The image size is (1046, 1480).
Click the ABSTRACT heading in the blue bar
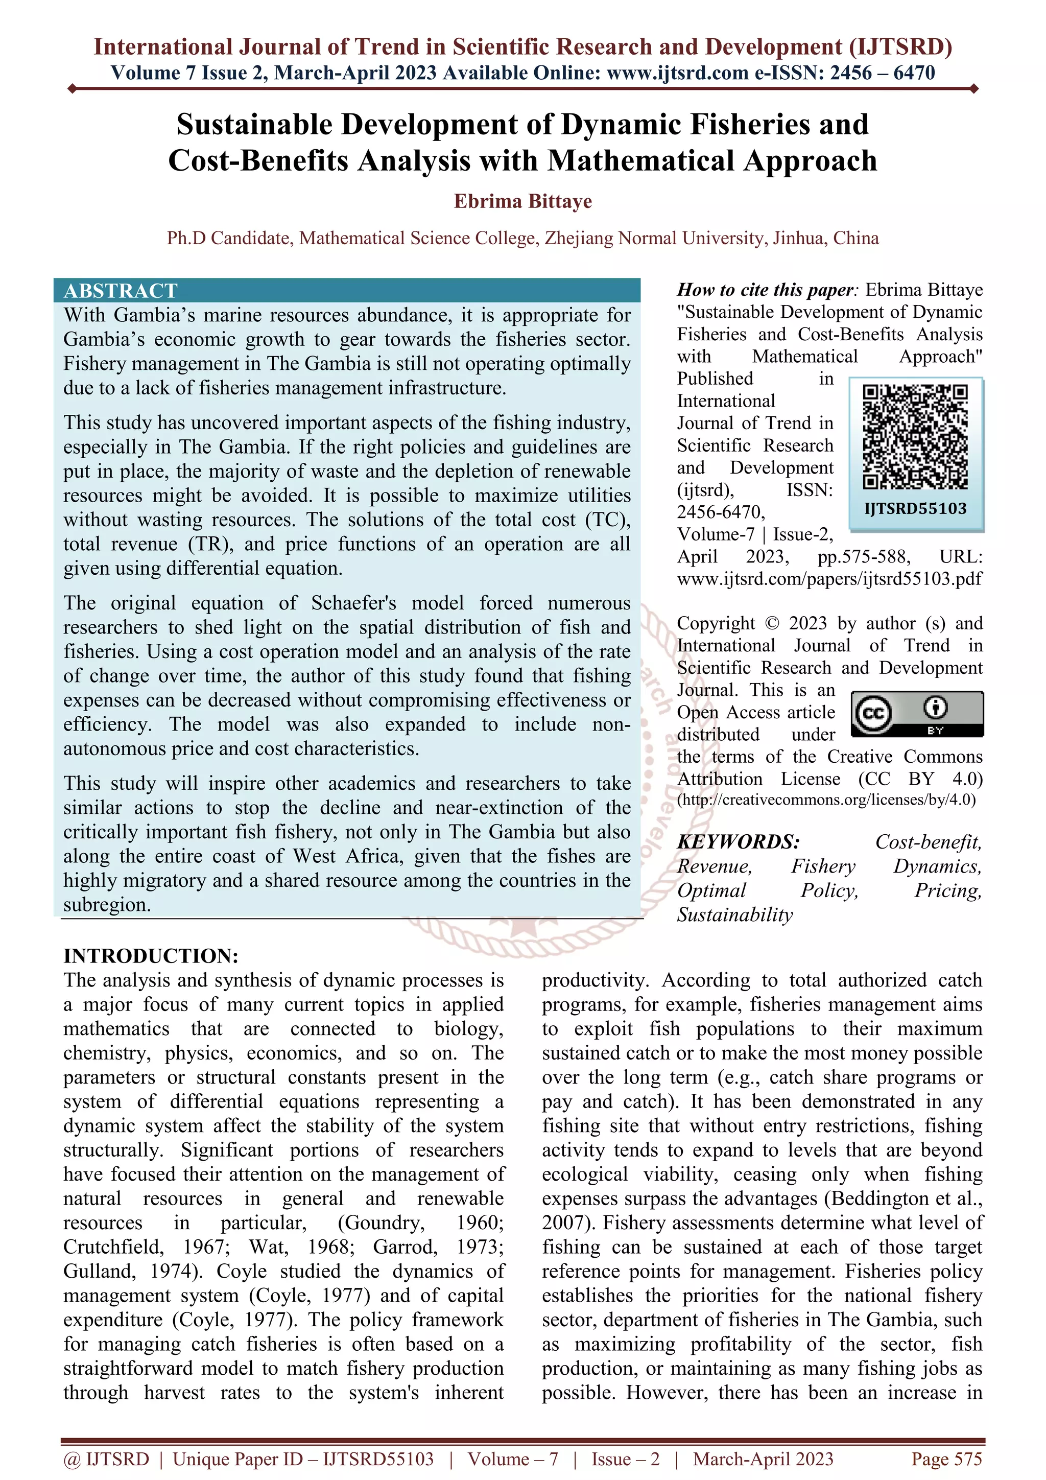coord(121,291)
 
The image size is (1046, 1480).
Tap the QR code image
coord(915,436)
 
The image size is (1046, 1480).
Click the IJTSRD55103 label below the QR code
coord(915,509)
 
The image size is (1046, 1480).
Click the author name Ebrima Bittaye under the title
coord(522,201)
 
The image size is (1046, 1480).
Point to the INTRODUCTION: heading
coord(151,955)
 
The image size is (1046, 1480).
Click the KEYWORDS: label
coord(738,842)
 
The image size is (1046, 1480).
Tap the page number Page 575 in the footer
coord(946,1459)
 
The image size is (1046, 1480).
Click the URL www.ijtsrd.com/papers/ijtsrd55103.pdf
coord(829,579)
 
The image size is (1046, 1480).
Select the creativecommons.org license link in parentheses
coord(826,800)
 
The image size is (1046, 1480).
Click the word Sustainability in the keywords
coord(735,914)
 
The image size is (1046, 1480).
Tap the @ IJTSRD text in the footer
coord(106,1459)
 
